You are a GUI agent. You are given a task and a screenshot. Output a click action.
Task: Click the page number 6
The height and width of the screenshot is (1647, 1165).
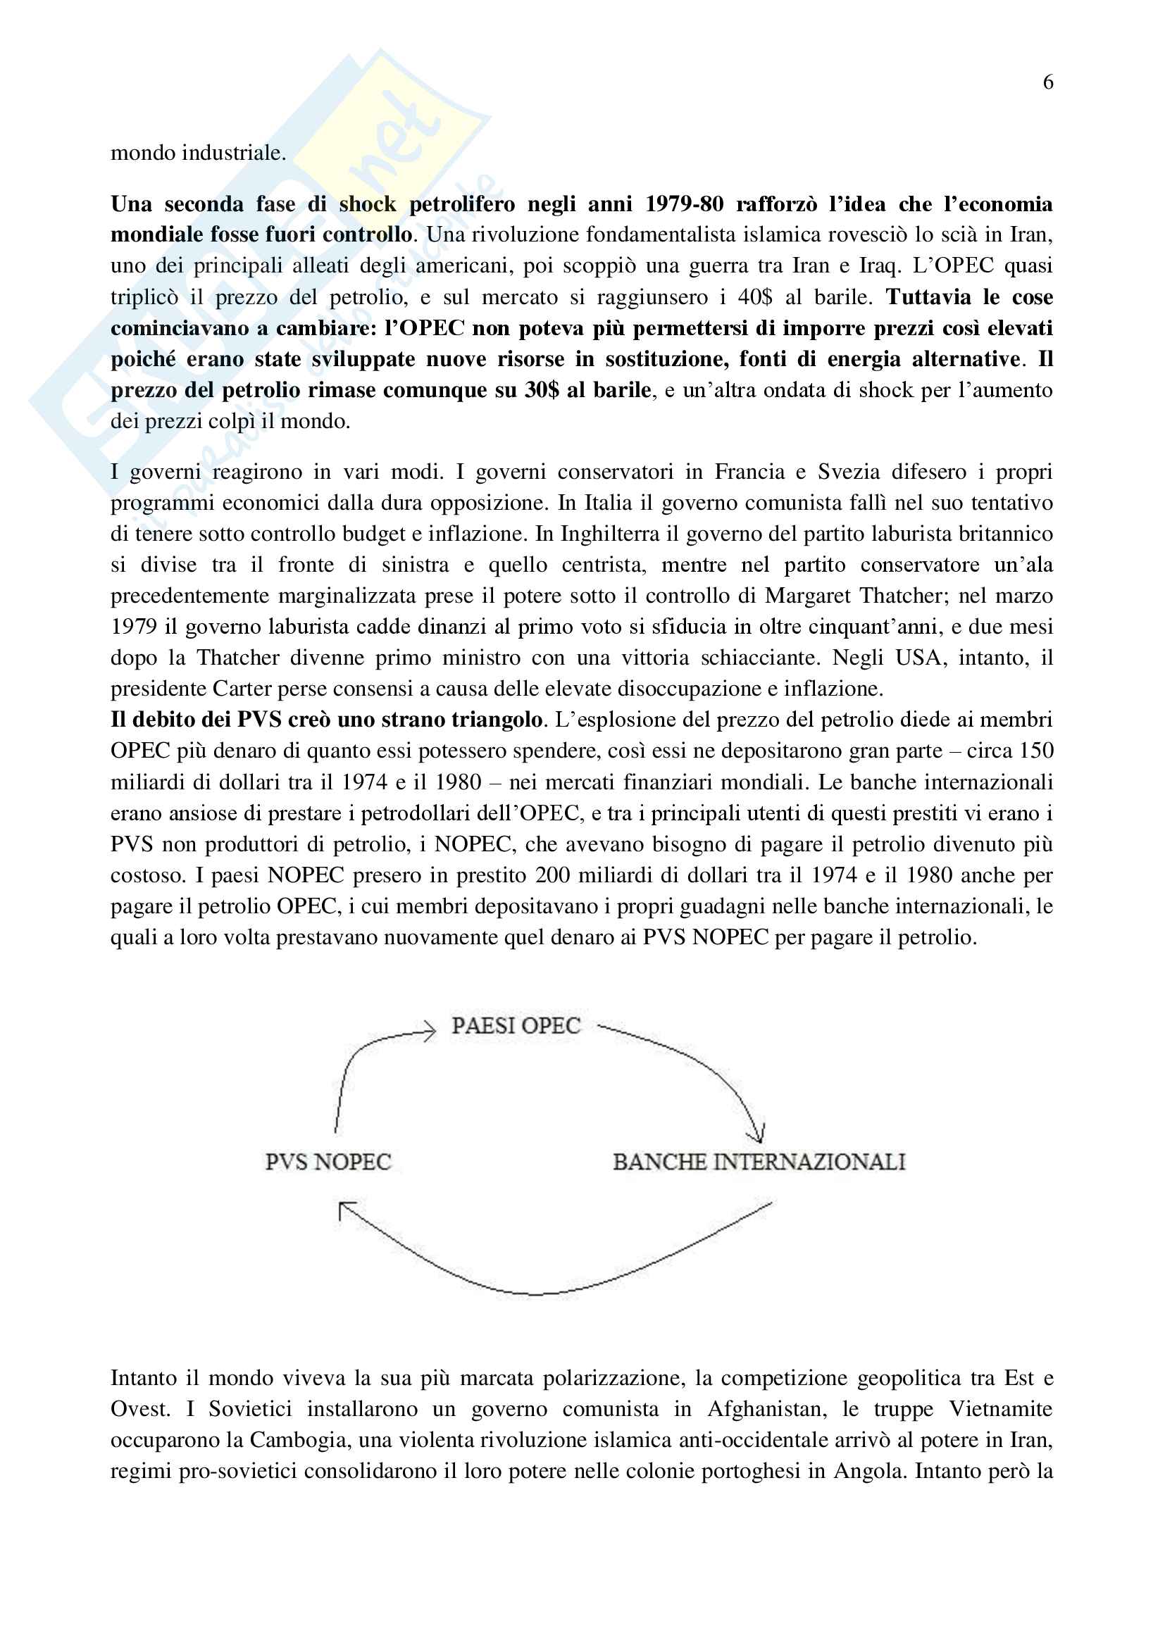(1047, 82)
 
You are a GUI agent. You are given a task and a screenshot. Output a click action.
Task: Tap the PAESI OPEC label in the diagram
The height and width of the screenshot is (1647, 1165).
(515, 1025)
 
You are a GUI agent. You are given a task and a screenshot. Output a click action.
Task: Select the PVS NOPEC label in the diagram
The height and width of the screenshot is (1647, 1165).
(328, 1161)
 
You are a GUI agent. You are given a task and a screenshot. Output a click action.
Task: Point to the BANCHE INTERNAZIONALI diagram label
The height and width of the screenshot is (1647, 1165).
(759, 1161)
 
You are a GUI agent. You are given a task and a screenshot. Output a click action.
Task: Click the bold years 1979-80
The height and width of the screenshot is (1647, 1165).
(684, 204)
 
